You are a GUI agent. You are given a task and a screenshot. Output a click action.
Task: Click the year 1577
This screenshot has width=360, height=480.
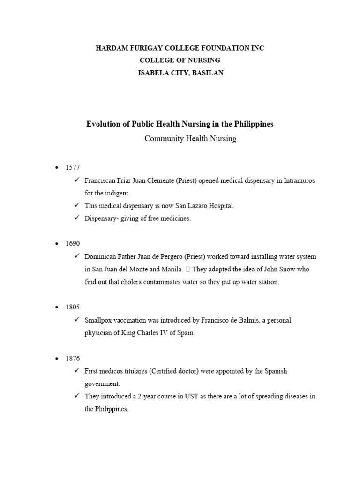[73, 167]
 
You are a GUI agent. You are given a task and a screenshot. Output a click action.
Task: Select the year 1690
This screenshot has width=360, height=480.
[73, 244]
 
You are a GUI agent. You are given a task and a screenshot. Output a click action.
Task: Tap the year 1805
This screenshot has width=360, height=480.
[73, 307]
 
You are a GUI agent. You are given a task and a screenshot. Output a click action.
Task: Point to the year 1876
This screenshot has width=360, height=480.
[73, 359]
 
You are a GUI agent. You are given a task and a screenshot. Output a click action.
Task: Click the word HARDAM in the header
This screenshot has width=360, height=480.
[111, 48]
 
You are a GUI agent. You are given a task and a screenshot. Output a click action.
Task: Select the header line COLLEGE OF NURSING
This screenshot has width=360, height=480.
[180, 60]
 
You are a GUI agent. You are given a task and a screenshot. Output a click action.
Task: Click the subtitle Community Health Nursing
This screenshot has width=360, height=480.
[190, 138]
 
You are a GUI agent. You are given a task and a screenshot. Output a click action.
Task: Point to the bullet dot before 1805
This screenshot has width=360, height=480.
[57, 307]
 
